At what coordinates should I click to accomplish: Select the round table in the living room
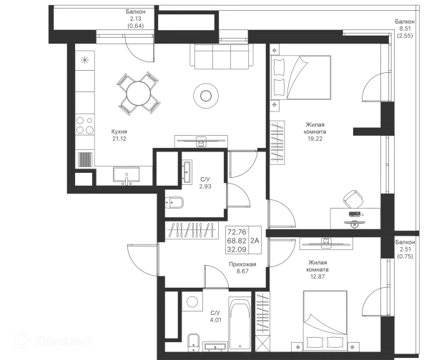tap(206, 94)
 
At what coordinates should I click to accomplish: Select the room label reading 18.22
tap(315, 131)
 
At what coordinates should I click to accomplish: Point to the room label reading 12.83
tap(316, 269)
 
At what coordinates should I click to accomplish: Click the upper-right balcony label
tap(405, 29)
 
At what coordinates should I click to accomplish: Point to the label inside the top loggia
tap(136, 19)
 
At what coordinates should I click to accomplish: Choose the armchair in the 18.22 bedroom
tap(352, 199)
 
